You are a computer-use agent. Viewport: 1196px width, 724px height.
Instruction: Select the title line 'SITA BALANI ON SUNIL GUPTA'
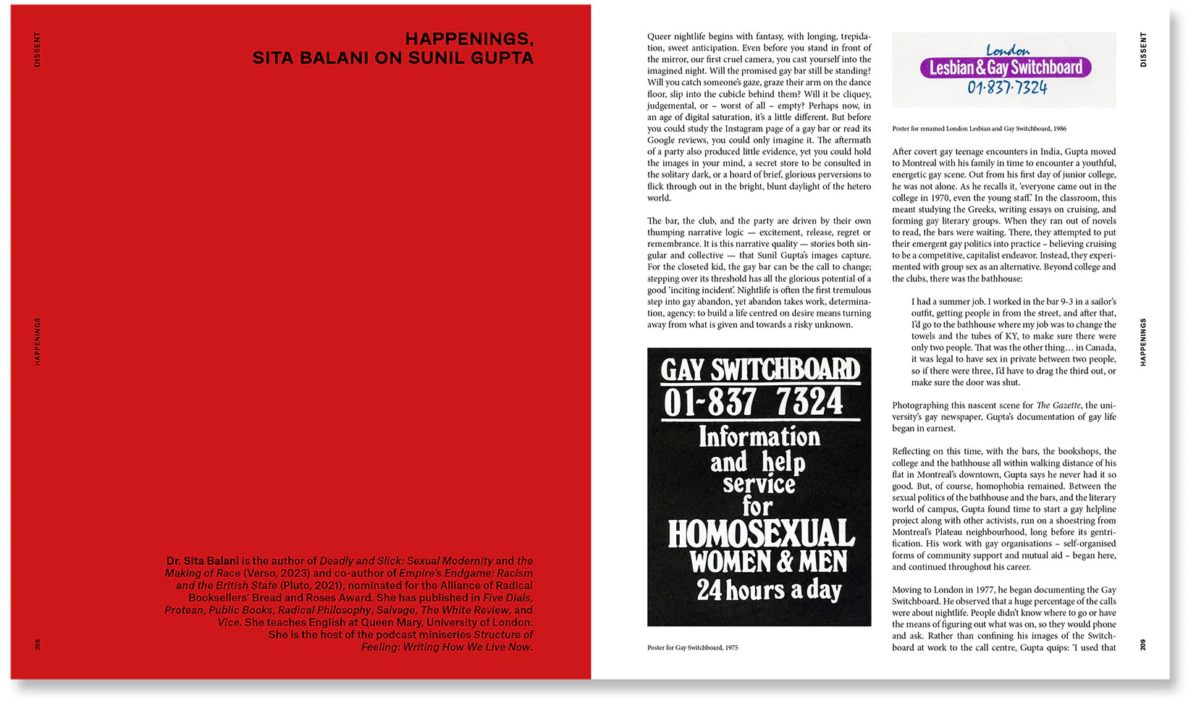tap(392, 58)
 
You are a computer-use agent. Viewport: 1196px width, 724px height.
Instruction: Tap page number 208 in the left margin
tap(38, 644)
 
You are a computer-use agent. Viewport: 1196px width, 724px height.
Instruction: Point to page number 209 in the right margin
tap(1143, 644)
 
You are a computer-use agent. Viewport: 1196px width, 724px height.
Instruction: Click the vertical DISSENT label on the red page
tap(38, 49)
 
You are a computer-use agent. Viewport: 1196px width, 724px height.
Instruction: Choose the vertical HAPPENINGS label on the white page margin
tap(1143, 342)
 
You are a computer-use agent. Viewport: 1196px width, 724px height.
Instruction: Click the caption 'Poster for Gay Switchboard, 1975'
tap(692, 647)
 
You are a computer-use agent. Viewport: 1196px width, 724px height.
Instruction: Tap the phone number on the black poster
tap(754, 403)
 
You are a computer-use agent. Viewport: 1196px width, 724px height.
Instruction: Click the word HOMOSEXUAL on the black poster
tap(760, 534)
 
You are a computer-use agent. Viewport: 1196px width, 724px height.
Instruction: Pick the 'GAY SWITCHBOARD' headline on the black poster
tap(759, 370)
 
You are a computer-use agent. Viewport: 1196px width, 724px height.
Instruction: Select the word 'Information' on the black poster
tap(759, 437)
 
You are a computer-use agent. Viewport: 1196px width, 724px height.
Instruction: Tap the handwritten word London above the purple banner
tap(1007, 50)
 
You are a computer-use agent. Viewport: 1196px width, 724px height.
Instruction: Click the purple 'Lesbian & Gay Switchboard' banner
tap(1006, 68)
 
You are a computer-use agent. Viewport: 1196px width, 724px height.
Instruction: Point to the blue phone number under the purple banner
tap(1007, 88)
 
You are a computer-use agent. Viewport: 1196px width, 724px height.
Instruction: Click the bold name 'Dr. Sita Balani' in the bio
tap(202, 561)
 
